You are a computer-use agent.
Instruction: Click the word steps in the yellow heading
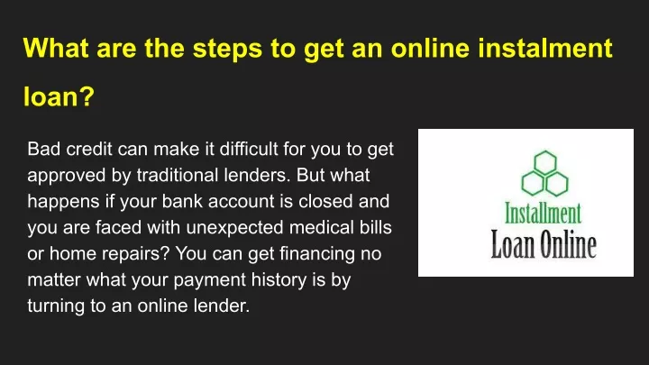(x=227, y=49)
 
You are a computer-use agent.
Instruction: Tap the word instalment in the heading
(x=545, y=48)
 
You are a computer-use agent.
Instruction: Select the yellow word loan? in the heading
(x=59, y=96)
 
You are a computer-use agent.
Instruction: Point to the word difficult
(x=249, y=149)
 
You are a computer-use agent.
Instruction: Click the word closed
(x=325, y=201)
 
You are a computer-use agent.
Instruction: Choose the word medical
(x=322, y=227)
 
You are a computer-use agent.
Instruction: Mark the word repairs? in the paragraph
(x=136, y=253)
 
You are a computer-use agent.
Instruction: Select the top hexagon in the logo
(x=545, y=162)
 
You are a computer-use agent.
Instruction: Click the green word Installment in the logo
(x=543, y=213)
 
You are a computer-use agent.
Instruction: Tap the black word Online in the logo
(x=569, y=244)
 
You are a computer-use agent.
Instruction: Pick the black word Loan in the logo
(x=512, y=244)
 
